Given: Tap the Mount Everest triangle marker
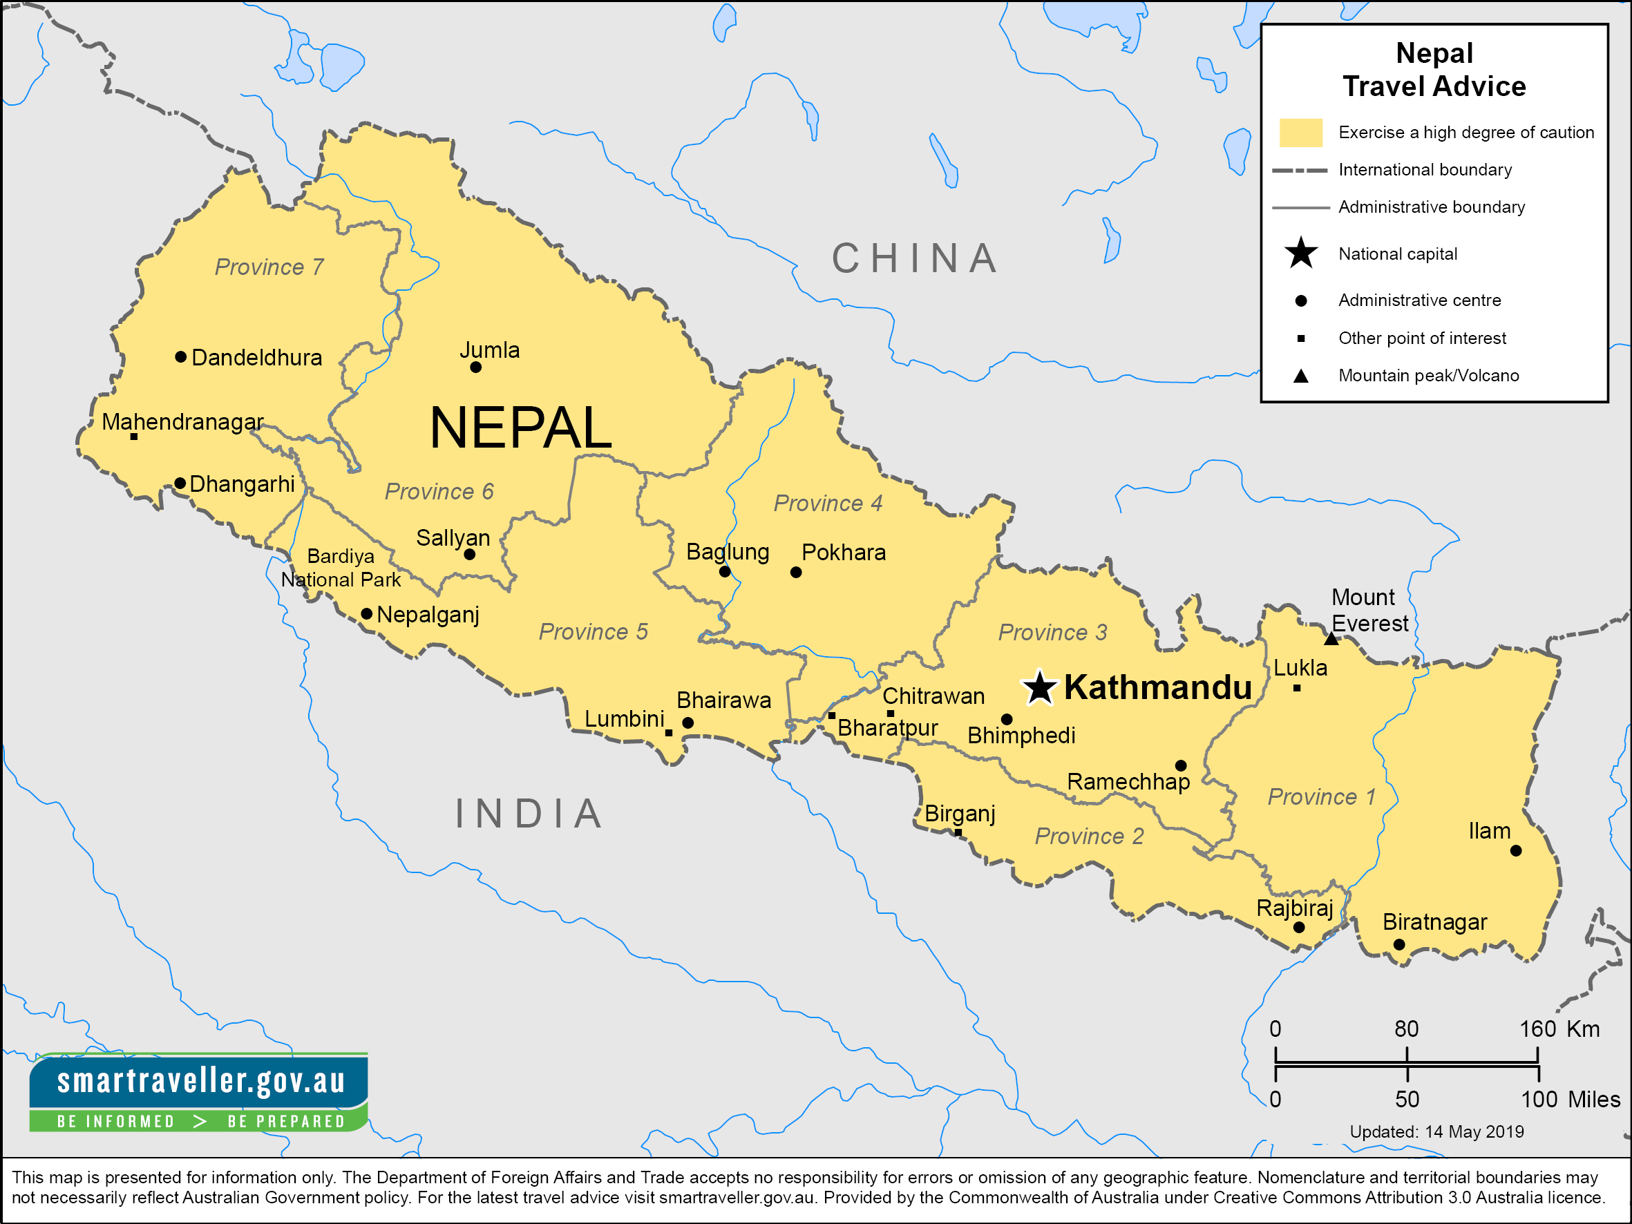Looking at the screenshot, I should tap(1331, 639).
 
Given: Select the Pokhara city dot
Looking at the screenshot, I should tap(795, 572).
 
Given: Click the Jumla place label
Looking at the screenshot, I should tap(489, 350).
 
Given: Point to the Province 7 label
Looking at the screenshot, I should tap(269, 267).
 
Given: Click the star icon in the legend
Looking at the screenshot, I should tap(1301, 254).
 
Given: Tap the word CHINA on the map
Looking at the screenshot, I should tap(915, 258).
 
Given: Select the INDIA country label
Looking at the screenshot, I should tap(529, 814).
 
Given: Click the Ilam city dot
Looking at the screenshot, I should tap(1515, 851).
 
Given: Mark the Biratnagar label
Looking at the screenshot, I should tap(1434, 922).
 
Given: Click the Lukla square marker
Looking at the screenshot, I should tap(1296, 689).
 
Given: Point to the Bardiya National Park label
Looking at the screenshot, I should tap(341, 567).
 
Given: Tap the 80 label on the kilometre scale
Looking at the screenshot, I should tap(1406, 1029).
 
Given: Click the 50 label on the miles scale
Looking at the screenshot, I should tap(1406, 1099).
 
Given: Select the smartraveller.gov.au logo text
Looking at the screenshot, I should tap(200, 1081).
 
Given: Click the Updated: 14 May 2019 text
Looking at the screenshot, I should tap(1436, 1131).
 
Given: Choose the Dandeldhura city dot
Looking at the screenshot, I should tap(181, 357).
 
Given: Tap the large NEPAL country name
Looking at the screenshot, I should tap(521, 428).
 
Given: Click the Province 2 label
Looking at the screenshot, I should tap(1089, 836).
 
